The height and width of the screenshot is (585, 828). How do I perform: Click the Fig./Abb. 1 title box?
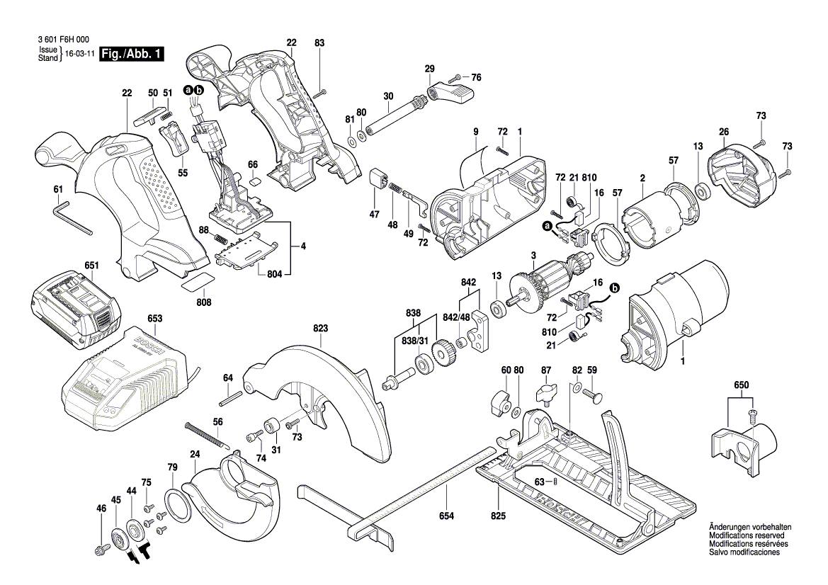point(132,54)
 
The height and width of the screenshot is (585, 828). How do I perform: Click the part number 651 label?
point(91,266)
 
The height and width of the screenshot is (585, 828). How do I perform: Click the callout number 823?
point(321,328)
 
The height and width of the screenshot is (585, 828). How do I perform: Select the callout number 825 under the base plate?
point(499,516)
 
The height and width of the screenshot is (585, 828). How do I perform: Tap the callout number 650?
point(740,384)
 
